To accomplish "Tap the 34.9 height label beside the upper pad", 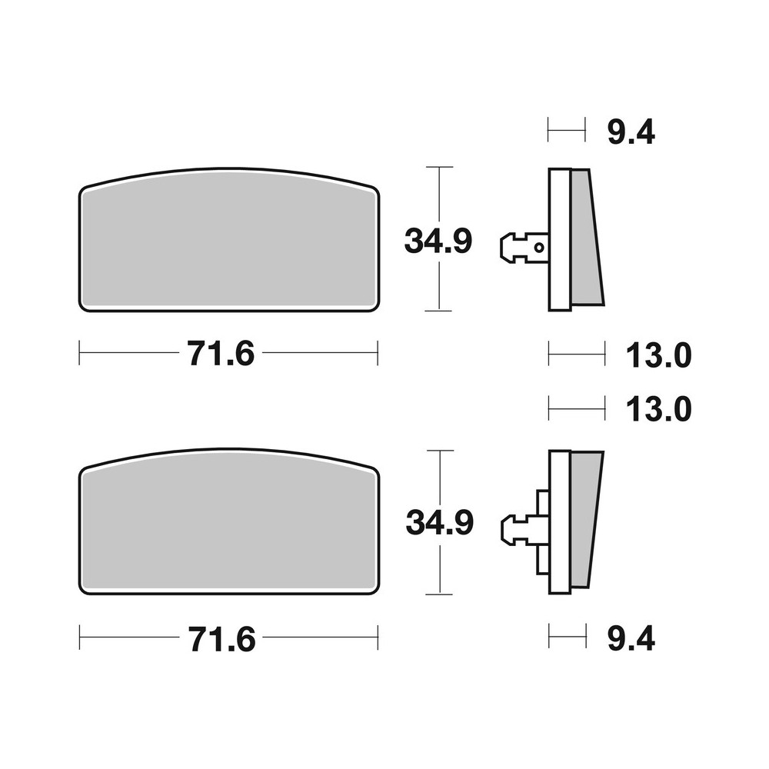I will [x=438, y=241].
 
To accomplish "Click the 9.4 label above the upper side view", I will [x=631, y=133].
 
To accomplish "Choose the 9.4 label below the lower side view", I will [x=631, y=639].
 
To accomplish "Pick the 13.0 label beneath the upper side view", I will [x=659, y=355].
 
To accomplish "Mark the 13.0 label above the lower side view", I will [x=659, y=409].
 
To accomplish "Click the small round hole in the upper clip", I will [x=540, y=247].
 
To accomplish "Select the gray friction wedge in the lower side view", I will [x=584, y=519].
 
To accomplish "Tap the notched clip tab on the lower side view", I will [x=514, y=528].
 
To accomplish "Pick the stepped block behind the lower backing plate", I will [x=542, y=531].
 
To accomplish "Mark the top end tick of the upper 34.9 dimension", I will [x=438, y=167].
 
